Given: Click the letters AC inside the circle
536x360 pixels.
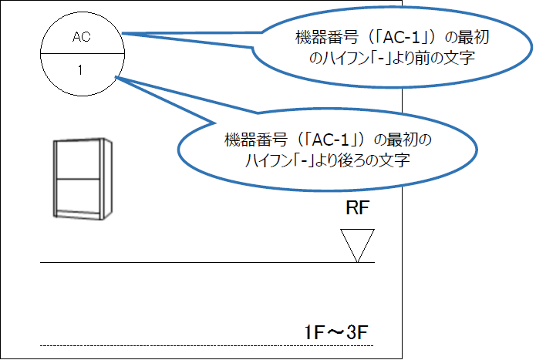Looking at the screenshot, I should [x=81, y=36].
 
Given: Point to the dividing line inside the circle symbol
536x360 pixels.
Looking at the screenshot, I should [x=80, y=53].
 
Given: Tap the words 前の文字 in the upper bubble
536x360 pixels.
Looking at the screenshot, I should [x=436, y=57].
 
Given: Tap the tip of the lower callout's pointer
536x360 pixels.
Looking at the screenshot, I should [x=116, y=77].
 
